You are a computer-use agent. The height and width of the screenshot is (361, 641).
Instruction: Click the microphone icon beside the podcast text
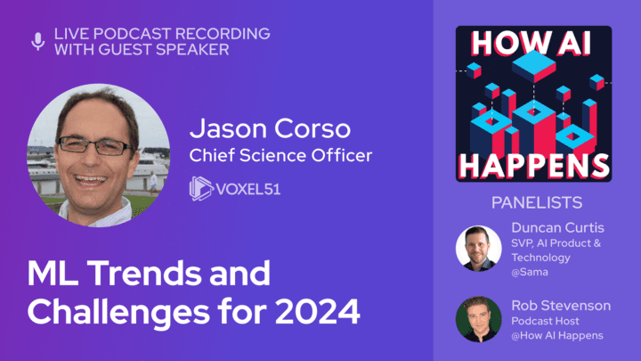38,41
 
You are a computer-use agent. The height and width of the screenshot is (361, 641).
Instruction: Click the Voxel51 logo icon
201,188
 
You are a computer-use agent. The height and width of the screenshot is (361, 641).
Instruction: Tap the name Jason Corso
270,128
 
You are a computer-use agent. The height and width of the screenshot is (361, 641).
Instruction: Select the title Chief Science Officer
280,155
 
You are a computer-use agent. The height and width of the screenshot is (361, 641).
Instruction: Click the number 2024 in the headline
317,311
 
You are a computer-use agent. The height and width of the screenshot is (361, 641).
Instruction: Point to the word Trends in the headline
144,273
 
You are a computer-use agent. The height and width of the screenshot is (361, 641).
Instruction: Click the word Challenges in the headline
118,313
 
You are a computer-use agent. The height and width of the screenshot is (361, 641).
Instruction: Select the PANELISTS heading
537,202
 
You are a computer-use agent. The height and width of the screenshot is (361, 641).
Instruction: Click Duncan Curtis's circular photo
479,249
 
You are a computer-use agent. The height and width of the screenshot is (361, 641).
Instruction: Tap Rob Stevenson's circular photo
479,319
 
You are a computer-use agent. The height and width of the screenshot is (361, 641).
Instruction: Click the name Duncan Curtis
557,227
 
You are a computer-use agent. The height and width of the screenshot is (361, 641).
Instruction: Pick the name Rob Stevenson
561,306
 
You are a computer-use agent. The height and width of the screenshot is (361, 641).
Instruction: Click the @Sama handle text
530,272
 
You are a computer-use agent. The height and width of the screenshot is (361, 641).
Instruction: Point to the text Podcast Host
545,321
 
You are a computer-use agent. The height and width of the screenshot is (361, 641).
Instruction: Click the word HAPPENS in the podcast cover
534,166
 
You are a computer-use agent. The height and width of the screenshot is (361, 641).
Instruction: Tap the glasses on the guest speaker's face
95,146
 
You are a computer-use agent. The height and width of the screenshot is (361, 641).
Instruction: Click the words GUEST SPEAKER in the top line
164,50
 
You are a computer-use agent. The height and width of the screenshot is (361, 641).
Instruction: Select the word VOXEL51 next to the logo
248,189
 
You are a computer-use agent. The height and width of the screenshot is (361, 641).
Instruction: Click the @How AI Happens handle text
557,336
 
